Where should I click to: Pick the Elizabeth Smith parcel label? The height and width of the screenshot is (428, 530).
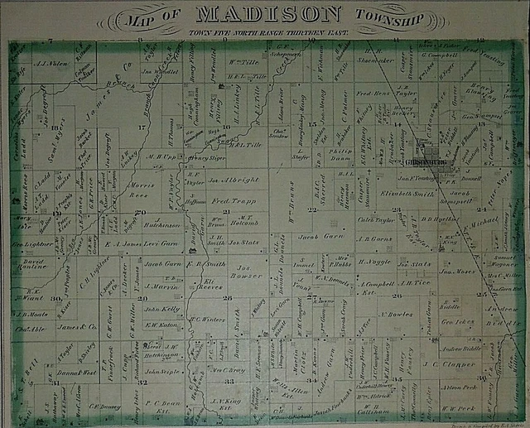[407, 193]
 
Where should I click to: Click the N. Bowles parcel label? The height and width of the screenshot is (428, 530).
[396, 314]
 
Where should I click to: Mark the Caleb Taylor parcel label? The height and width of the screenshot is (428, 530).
[377, 223]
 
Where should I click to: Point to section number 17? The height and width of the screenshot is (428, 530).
[142, 127]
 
